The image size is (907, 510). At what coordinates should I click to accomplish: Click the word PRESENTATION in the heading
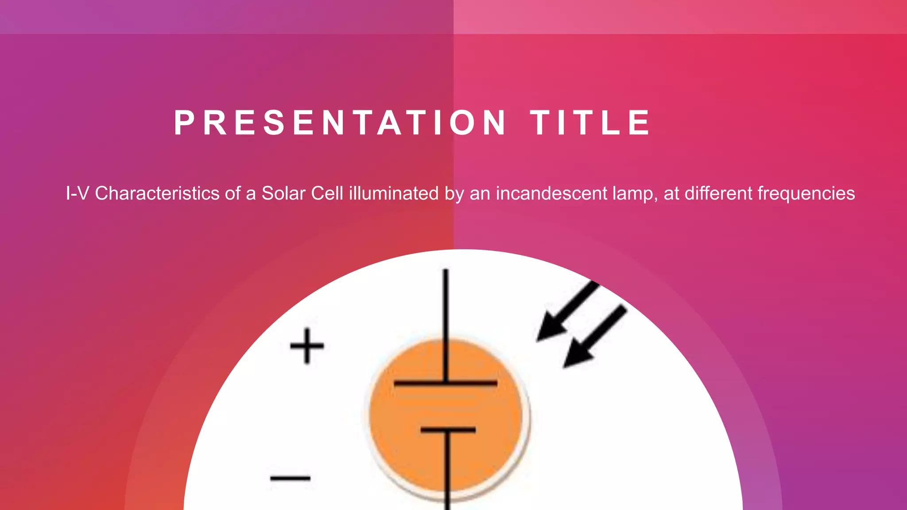340,123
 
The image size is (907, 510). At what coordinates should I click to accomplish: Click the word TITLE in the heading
590,123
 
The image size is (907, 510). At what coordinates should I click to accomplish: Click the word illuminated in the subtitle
394,193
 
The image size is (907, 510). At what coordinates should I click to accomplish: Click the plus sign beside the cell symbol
307,346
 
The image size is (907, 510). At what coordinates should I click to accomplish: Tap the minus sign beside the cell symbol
291,478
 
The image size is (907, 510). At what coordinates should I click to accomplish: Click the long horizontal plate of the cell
446,383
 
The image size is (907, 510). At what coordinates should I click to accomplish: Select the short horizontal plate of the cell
448,429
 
